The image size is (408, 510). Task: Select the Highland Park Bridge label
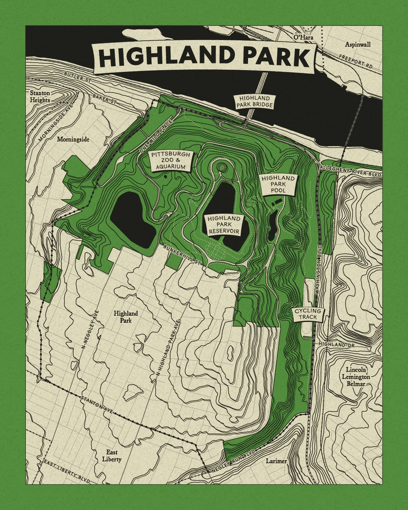pyautogui.click(x=254, y=102)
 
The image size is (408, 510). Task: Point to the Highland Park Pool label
pyautogui.click(x=278, y=184)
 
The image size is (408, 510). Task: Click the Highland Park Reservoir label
pyautogui.click(x=224, y=225)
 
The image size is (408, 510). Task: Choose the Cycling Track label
pyautogui.click(x=308, y=314)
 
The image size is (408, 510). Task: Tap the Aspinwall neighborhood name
pyautogui.click(x=358, y=44)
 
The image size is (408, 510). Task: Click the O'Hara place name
pyautogui.click(x=303, y=37)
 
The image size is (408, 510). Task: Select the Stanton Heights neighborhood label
pyautogui.click(x=40, y=97)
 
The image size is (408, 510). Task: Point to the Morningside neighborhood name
pyautogui.click(x=73, y=139)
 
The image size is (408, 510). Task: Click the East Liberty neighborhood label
pyautogui.click(x=112, y=456)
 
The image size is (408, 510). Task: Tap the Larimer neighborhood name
pyautogui.click(x=276, y=461)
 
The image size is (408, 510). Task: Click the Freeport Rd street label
pyautogui.click(x=356, y=61)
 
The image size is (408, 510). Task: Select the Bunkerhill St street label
pyautogui.click(x=182, y=254)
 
